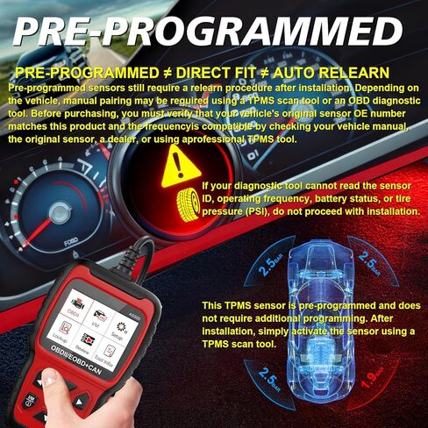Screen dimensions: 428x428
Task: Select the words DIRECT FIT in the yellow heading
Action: click(228, 74)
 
